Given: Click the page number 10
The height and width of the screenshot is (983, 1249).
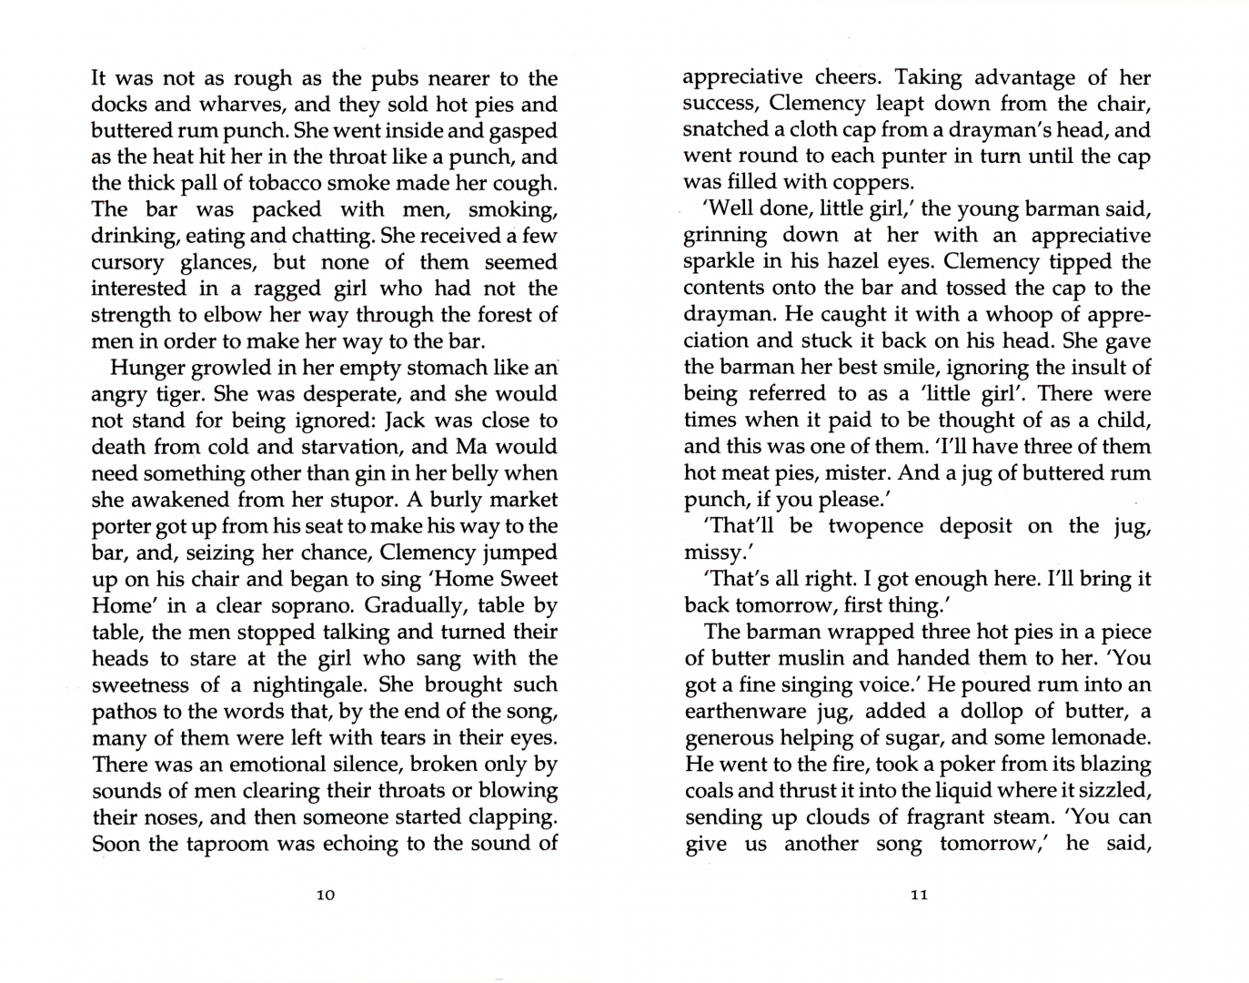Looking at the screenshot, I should click(x=326, y=895).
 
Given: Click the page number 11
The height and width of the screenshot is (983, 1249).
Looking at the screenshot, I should click(x=919, y=895).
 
